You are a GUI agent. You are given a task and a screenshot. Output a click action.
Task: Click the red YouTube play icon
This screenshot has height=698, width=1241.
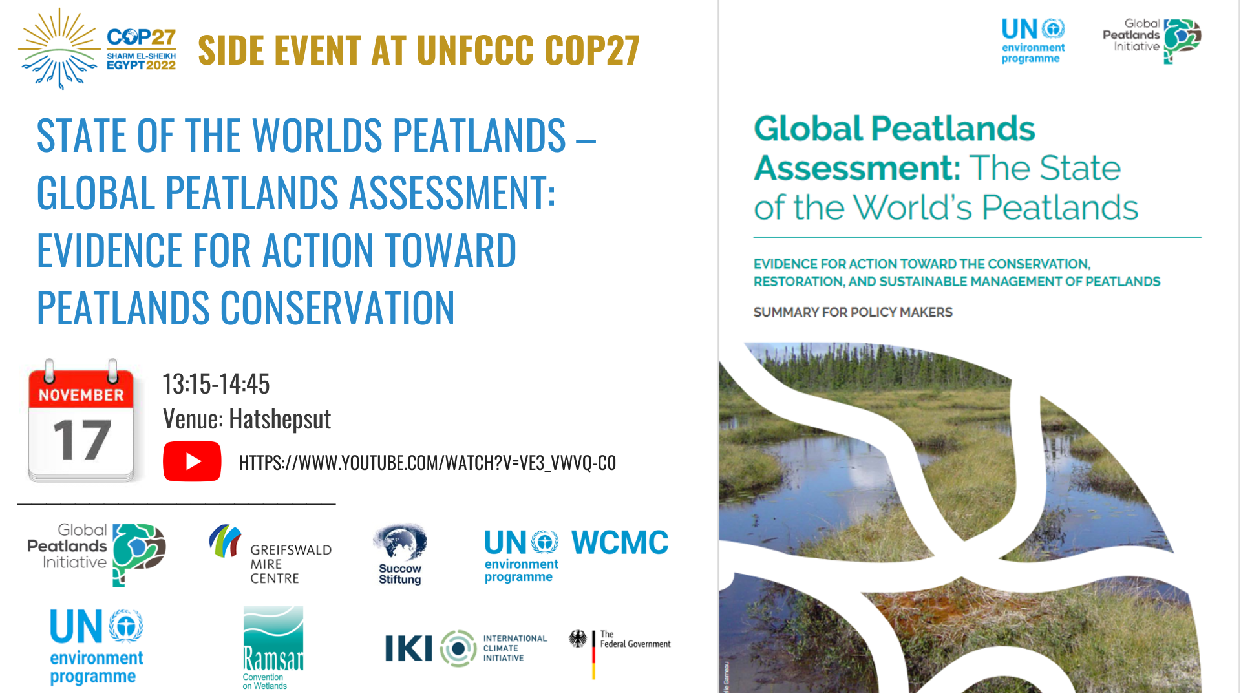click(x=192, y=461)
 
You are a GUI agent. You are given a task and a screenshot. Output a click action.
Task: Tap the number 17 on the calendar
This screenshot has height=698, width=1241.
click(x=82, y=440)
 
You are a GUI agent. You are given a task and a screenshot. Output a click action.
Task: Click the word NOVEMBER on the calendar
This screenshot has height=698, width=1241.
click(x=81, y=395)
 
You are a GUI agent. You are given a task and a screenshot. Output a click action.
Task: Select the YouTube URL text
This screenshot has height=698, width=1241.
click(x=427, y=463)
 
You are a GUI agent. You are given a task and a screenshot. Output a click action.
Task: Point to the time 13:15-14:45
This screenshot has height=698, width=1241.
click(x=216, y=384)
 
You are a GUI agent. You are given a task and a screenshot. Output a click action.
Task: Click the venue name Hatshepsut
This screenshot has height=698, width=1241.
click(x=280, y=419)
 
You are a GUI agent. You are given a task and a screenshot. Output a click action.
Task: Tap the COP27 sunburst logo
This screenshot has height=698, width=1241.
click(x=59, y=49)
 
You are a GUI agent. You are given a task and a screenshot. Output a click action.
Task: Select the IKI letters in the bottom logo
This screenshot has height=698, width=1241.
click(x=408, y=648)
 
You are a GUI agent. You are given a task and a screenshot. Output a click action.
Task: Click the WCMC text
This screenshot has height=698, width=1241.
click(x=620, y=543)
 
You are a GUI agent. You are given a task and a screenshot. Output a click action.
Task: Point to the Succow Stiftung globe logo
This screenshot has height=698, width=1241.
click(x=400, y=542)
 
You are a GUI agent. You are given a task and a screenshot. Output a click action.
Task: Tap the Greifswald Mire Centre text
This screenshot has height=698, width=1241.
click(x=291, y=564)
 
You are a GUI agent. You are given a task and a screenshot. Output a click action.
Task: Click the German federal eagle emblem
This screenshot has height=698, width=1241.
click(x=578, y=639)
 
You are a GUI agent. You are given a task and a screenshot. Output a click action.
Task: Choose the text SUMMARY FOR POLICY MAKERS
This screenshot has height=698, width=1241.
click(x=853, y=312)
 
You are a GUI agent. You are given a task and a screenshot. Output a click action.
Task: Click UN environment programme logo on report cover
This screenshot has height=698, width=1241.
click(x=1033, y=41)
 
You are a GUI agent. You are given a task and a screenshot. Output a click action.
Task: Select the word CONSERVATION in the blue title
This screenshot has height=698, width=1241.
click(x=338, y=308)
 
